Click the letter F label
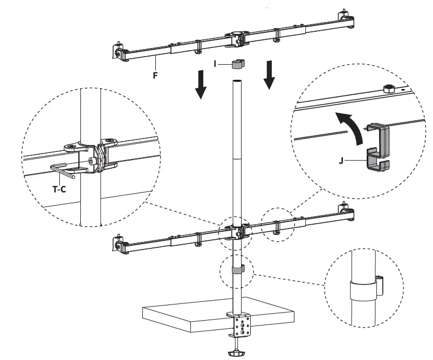[155, 75]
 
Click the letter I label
[215, 64]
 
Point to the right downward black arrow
[269, 76]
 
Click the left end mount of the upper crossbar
[119, 53]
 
